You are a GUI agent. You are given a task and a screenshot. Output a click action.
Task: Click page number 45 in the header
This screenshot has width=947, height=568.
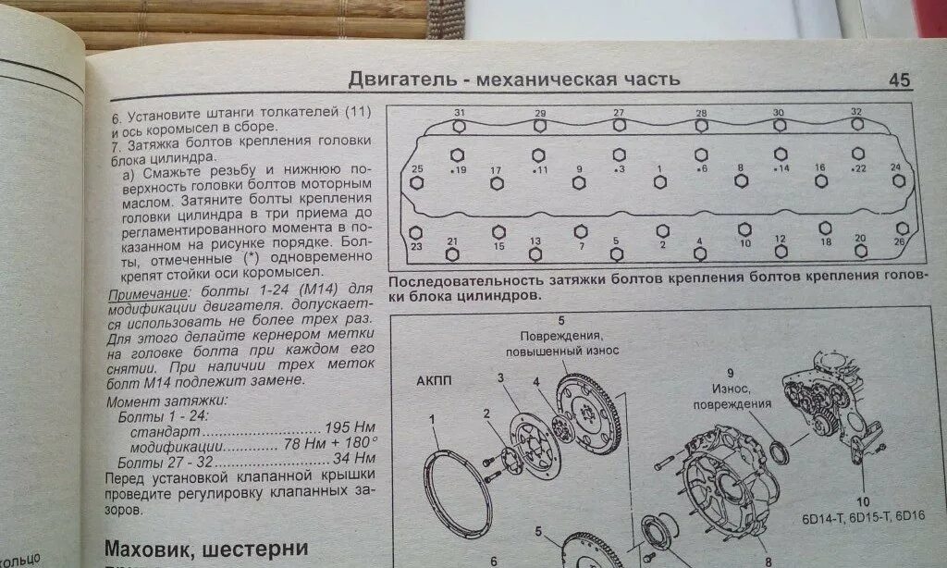[x=899, y=80]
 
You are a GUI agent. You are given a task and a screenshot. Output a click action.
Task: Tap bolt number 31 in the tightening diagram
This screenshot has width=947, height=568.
[x=460, y=124]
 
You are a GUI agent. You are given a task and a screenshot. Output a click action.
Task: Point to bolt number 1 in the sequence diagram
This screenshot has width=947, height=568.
[x=660, y=182]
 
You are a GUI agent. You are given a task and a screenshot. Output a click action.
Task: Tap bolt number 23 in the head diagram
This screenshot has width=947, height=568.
[x=415, y=233]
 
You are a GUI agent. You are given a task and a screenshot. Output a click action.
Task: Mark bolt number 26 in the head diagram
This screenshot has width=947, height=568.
[x=902, y=228]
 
